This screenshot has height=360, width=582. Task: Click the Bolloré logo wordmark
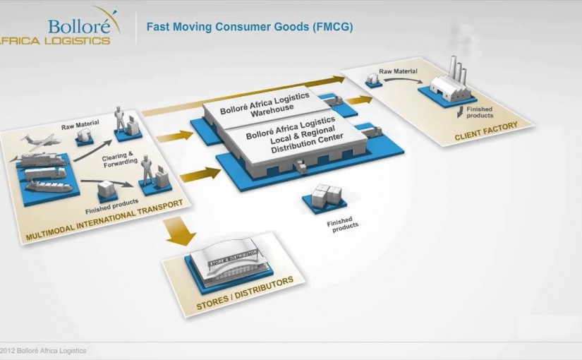(80, 26)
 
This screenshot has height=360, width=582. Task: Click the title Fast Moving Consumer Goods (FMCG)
(250, 27)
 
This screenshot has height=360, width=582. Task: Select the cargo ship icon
(49, 186)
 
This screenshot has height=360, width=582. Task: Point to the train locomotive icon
(40, 160)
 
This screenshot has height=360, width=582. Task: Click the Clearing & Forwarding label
(119, 159)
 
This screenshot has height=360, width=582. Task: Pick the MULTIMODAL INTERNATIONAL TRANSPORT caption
(104, 220)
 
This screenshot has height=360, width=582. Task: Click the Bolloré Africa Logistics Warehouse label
(265, 105)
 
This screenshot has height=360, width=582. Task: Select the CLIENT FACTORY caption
(486, 131)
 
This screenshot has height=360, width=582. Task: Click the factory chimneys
(458, 70)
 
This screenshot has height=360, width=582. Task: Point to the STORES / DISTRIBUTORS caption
(245, 294)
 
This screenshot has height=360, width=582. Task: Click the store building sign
(233, 258)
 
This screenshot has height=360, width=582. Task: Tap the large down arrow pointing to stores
(181, 231)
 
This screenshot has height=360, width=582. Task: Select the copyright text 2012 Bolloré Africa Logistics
(43, 351)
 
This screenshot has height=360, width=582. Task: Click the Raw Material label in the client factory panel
(398, 71)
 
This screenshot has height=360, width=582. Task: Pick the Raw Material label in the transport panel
(80, 124)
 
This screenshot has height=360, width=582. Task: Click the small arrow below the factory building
(461, 112)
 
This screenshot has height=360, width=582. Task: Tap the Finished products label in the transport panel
(111, 207)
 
